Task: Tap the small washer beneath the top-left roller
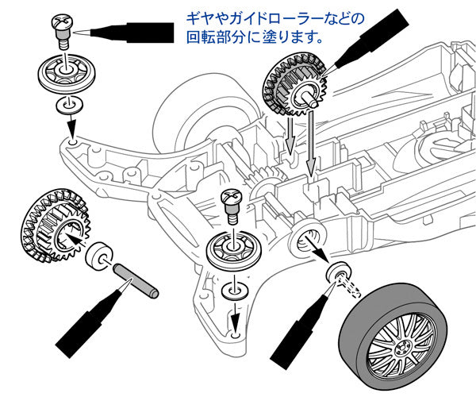click(x=67, y=105)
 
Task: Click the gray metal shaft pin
click(x=136, y=279)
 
